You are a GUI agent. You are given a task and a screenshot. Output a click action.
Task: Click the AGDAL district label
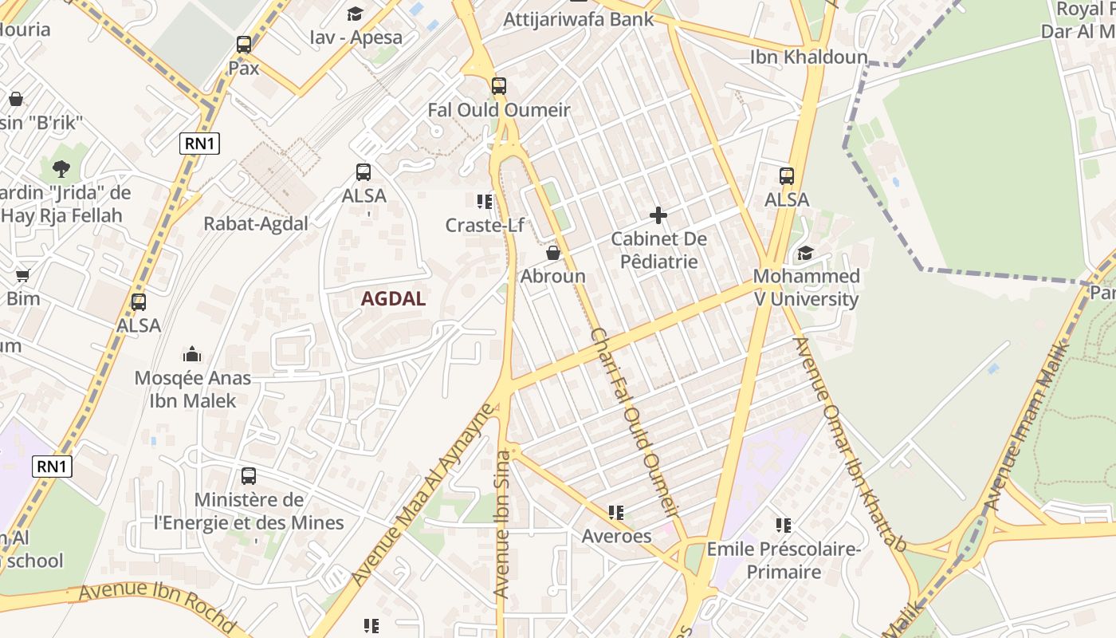(393, 299)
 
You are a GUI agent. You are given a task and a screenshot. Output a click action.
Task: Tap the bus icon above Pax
(244, 45)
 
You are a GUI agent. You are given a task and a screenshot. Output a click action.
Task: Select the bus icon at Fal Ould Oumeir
(499, 86)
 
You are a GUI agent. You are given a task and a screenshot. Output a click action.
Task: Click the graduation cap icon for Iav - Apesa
(355, 14)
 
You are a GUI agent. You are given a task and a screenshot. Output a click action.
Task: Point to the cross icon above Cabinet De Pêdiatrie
(658, 215)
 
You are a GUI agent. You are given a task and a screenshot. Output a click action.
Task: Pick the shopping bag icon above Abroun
(552, 253)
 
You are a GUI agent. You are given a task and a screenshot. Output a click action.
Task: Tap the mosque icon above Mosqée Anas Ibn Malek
(192, 354)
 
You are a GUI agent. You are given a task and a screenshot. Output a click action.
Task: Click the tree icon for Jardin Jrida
(61, 169)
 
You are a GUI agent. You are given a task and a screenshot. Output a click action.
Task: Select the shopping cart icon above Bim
(22, 275)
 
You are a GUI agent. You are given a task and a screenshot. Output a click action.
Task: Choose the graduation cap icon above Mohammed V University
(806, 254)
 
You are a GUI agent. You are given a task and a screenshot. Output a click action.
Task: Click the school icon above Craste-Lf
(484, 202)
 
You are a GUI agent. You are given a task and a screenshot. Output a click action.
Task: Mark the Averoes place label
(616, 536)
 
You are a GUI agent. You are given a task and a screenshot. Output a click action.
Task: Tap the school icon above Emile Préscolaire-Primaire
(784, 526)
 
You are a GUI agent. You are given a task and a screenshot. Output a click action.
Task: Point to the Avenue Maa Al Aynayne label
(422, 494)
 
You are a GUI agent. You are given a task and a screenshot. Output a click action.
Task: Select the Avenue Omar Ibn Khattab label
(850, 443)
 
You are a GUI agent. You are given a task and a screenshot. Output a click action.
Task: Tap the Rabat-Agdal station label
(256, 224)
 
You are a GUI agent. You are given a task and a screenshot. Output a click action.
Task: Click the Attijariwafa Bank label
(578, 19)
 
